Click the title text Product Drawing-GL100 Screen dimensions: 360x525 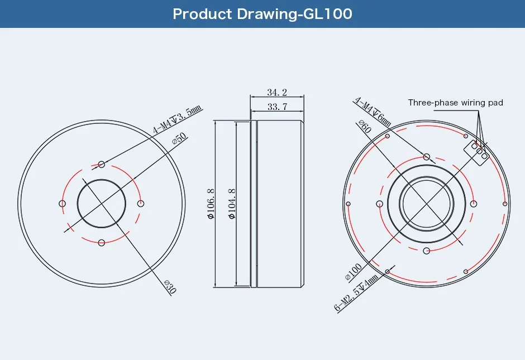pyautogui.click(x=262, y=14)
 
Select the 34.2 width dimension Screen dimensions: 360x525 pyautogui.click(x=277, y=92)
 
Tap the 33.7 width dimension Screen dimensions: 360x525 pyautogui.click(x=277, y=107)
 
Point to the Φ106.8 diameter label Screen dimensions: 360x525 pyautogui.click(x=211, y=204)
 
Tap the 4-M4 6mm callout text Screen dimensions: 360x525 pyautogui.click(x=373, y=112)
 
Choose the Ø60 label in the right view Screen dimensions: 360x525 pyautogui.click(x=364, y=128)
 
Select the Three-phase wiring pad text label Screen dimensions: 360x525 pyautogui.click(x=455, y=103)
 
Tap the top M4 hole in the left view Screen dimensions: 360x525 pyautogui.click(x=101, y=164)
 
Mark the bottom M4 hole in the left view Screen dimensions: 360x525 pyautogui.click(x=101, y=242)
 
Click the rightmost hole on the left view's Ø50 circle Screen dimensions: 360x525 pyautogui.click(x=140, y=203)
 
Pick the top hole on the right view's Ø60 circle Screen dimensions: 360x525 pyautogui.click(x=427, y=157)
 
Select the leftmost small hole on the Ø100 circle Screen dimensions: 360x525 pyautogui.click(x=348, y=204)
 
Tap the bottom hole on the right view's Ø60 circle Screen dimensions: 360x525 pyautogui.click(x=427, y=250)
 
